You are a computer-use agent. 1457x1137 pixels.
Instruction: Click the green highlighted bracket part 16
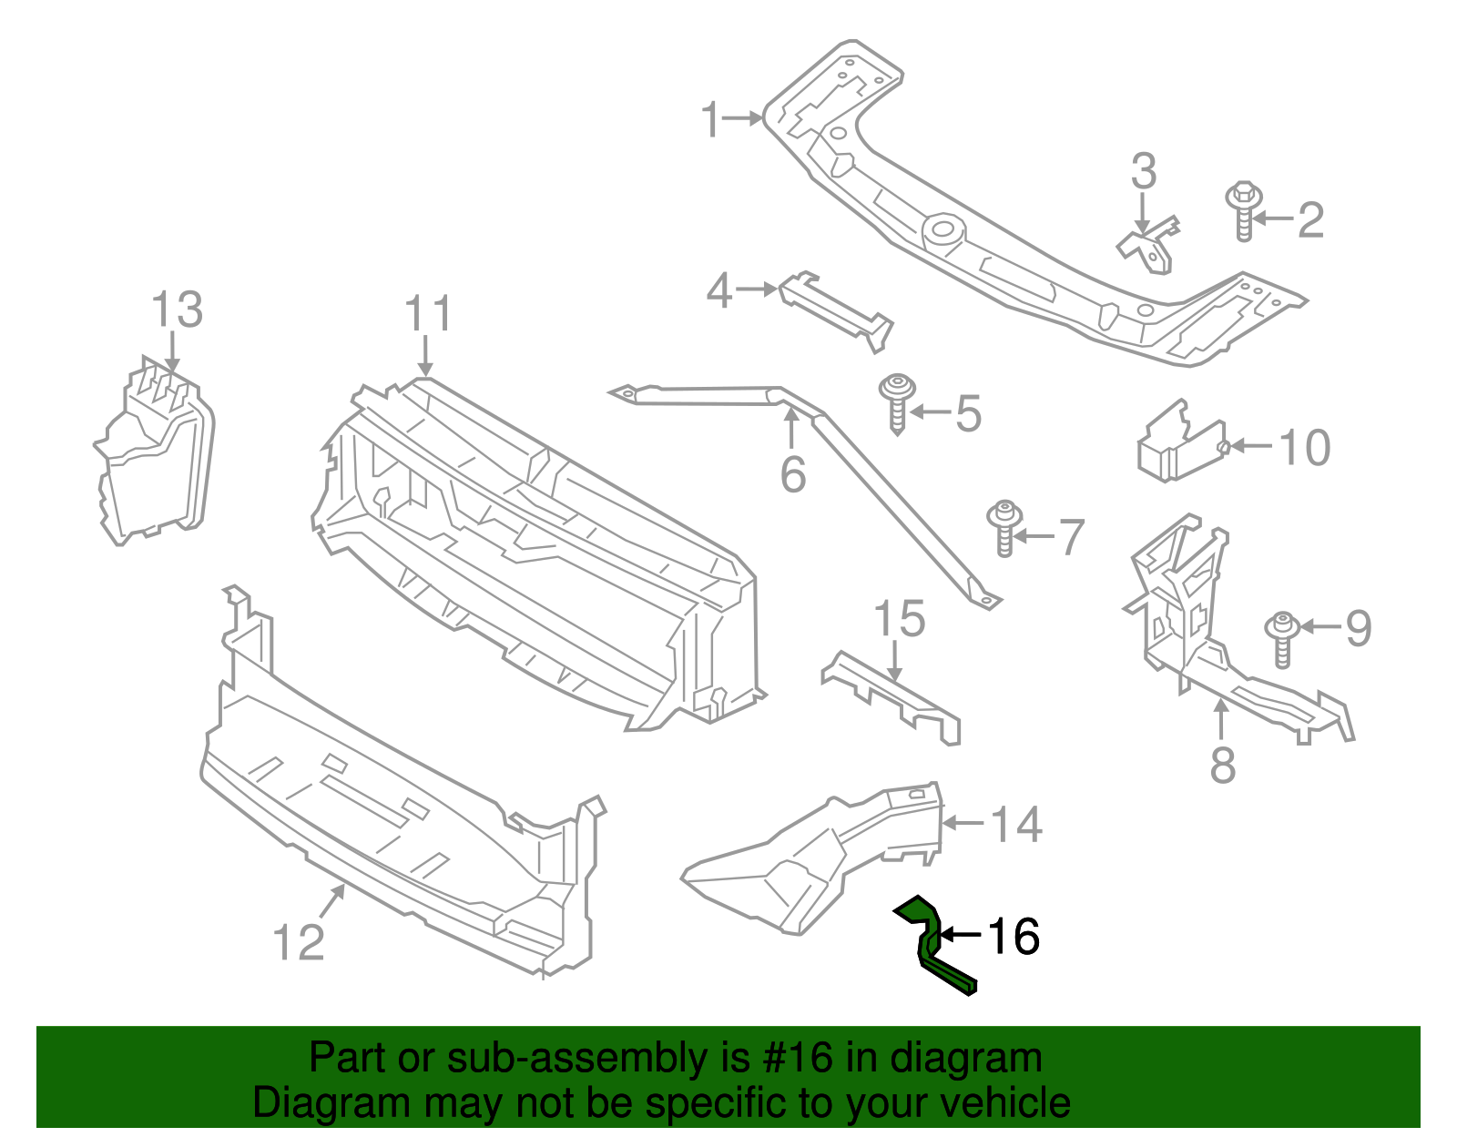[932, 947]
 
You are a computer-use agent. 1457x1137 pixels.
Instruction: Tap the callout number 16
[1014, 936]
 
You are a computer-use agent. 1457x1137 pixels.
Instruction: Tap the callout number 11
[428, 314]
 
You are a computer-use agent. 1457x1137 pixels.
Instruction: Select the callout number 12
[299, 942]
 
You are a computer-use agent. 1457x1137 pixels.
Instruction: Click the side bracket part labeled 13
[155, 455]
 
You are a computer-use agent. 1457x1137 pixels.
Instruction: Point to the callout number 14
[1016, 825]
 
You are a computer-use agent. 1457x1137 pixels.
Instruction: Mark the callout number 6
[793, 475]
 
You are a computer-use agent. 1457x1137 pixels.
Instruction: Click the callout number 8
[1222, 764]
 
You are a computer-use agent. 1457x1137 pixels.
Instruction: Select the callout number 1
[710, 120]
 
